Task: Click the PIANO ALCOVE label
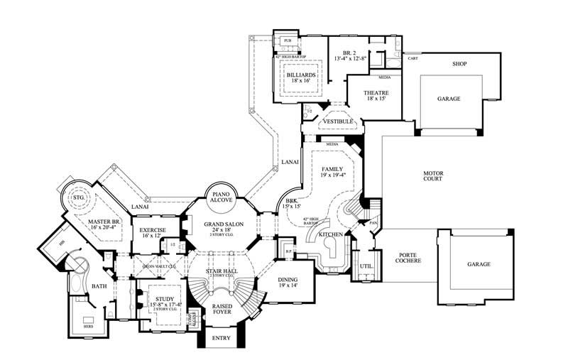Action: click(221, 197)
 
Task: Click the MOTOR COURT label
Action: click(432, 175)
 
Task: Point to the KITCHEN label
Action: click(330, 234)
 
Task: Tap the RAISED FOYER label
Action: click(222, 309)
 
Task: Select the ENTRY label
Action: click(222, 338)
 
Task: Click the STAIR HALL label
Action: click(222, 271)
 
